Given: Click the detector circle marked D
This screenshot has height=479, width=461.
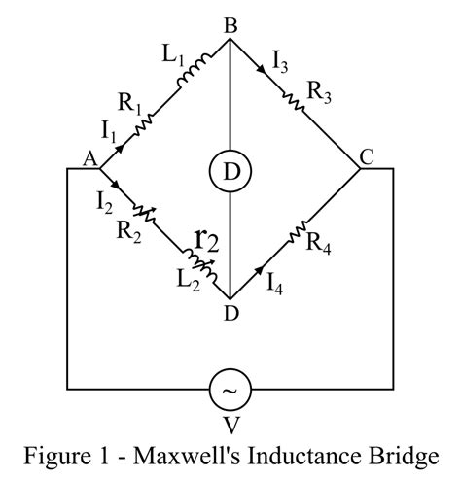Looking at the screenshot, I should (x=230, y=171).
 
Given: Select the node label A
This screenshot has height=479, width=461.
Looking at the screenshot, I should (x=89, y=163).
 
